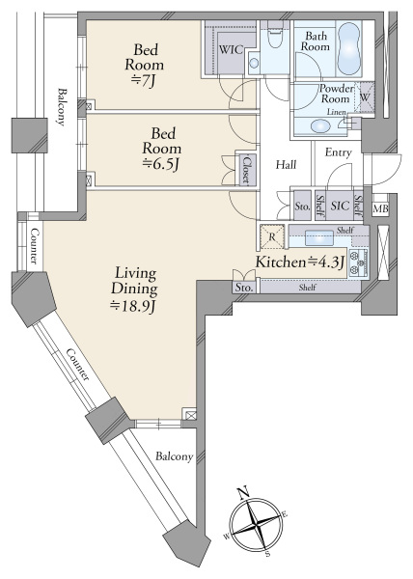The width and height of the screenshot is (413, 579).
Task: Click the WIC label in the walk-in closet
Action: point(231,49)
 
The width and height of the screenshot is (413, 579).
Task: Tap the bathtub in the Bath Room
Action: point(349,49)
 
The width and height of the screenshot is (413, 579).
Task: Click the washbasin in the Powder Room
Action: point(320,126)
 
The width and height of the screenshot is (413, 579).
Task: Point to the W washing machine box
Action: point(365,97)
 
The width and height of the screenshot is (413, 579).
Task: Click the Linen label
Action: point(336,112)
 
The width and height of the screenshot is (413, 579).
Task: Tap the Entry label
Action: point(338,152)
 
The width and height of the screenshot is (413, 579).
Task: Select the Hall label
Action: point(286,164)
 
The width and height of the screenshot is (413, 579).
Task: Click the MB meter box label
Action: point(380,209)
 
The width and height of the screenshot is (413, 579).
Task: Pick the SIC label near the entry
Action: point(340,206)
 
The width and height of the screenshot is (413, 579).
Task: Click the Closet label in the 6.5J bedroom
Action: point(246,170)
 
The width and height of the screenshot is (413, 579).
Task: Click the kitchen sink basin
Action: point(318,237)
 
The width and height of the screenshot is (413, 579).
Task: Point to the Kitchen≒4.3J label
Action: point(300,262)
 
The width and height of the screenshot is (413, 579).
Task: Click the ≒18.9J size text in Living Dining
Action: point(134,306)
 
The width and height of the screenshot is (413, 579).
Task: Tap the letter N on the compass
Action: point(242,492)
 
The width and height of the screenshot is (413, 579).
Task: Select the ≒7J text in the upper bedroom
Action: point(145,82)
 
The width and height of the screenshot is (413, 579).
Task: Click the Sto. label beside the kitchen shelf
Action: point(243,288)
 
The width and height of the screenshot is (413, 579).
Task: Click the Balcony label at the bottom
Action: point(175,456)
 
